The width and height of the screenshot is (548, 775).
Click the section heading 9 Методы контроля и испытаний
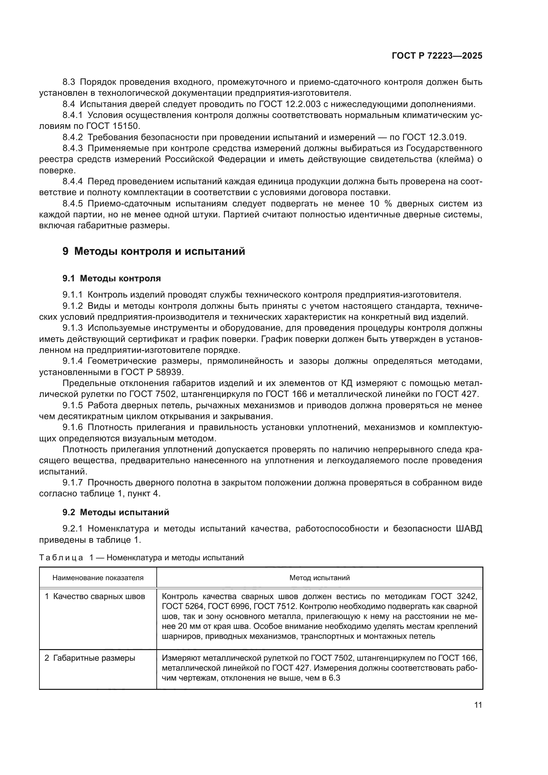pyautogui.click(x=153, y=251)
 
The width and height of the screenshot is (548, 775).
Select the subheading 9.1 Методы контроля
pyautogui.click(x=111, y=278)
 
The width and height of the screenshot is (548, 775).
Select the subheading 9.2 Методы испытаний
pyautogui.click(x=115, y=512)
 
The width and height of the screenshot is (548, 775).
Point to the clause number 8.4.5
pyautogui.click(x=72, y=203)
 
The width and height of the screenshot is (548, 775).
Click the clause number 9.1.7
pyautogui.click(x=72, y=483)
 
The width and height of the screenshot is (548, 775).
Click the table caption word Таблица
pyautogui.click(x=61, y=558)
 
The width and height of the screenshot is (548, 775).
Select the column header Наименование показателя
pyautogui.click(x=98, y=578)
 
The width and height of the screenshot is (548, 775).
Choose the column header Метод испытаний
pyautogui.click(x=319, y=578)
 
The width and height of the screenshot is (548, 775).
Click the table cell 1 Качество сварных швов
pyautogui.click(x=95, y=596)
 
